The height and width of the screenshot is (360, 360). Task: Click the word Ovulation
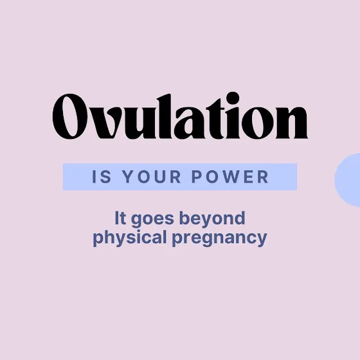point(180,116)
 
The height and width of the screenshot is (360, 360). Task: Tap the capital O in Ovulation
point(70,116)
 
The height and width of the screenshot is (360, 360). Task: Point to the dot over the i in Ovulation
point(233,98)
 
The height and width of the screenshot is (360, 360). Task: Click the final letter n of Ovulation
point(292,123)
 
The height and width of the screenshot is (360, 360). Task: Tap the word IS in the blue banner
point(102,177)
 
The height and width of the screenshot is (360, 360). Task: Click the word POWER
point(230,177)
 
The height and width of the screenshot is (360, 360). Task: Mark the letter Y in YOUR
point(128,177)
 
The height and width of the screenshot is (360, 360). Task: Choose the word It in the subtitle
point(120,218)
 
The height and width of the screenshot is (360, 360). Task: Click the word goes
point(152,219)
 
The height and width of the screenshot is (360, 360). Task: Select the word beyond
point(212,219)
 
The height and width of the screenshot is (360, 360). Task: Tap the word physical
point(130,238)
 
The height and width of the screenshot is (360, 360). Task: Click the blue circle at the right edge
point(348,180)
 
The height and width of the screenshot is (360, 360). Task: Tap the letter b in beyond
point(185,218)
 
